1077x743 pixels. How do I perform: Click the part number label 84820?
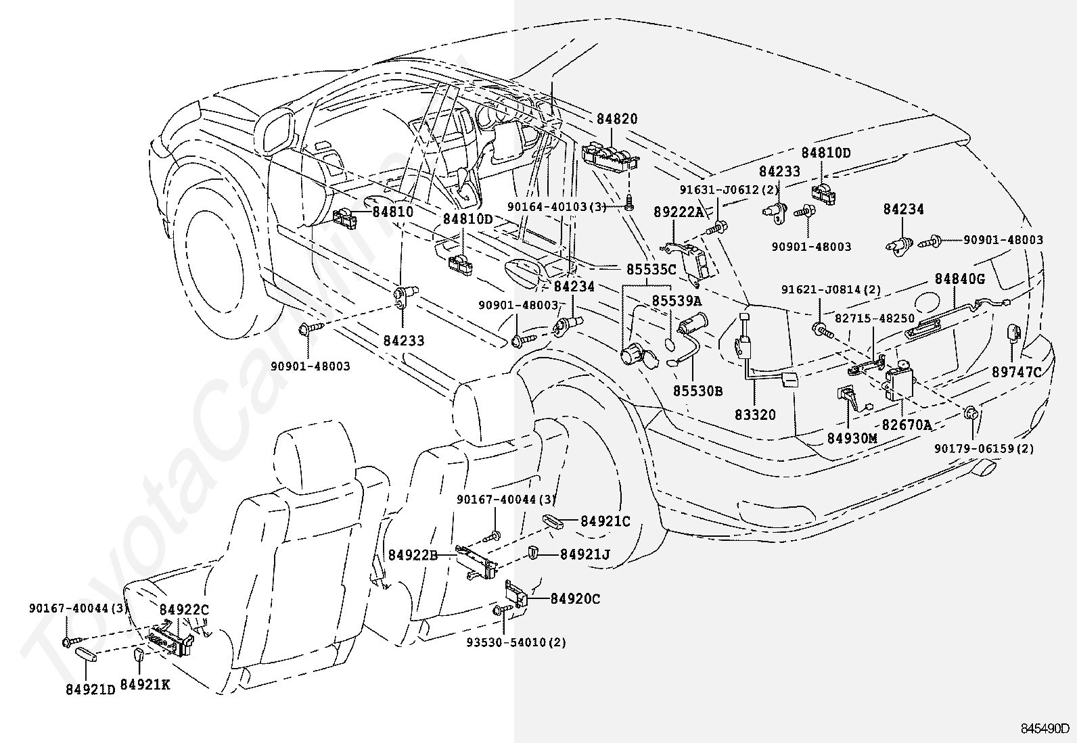(x=616, y=119)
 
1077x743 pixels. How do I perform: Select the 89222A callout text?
(x=679, y=212)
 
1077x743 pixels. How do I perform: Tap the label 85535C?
(x=650, y=269)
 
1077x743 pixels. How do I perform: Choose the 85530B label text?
(x=697, y=391)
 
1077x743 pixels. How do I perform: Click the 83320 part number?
(x=755, y=415)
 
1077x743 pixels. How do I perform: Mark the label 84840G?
(x=960, y=279)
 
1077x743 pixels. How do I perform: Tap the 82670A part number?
(x=907, y=425)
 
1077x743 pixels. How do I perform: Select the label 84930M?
(x=851, y=438)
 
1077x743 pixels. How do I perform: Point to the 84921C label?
(x=605, y=521)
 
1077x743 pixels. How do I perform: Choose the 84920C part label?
(x=575, y=598)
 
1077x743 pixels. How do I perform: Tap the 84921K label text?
(x=145, y=685)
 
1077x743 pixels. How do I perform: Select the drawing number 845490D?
(x=1045, y=729)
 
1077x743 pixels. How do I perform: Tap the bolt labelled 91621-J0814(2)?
(x=821, y=330)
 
